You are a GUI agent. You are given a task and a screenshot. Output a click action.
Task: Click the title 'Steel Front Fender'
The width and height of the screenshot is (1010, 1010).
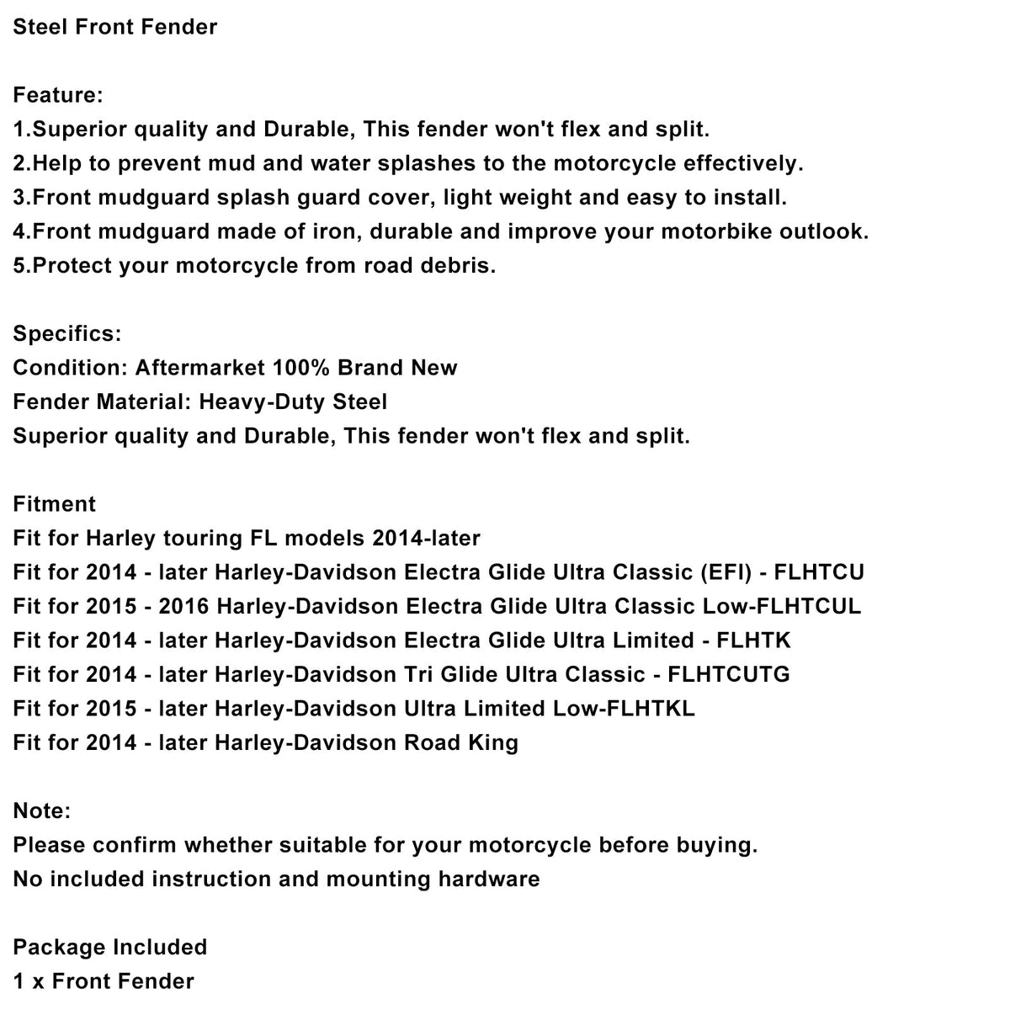pyautogui.click(x=115, y=27)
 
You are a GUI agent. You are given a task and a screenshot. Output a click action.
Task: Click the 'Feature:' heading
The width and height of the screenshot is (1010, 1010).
pyautogui.click(x=58, y=95)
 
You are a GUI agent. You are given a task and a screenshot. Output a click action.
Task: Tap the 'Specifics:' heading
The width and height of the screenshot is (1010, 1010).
pyautogui.click(x=67, y=334)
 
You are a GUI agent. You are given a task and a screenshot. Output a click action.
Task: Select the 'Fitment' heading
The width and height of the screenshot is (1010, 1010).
pyautogui.click(x=55, y=504)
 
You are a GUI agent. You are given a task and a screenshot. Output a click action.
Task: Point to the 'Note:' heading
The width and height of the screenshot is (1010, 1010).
pyautogui.click(x=42, y=811)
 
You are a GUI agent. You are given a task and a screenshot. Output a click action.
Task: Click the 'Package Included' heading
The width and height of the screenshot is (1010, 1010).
pyautogui.click(x=110, y=948)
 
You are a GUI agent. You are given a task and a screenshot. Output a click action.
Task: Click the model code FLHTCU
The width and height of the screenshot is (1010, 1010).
pyautogui.click(x=819, y=573)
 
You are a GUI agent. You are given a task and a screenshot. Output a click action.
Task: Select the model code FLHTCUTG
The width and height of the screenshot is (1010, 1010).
pyautogui.click(x=729, y=675)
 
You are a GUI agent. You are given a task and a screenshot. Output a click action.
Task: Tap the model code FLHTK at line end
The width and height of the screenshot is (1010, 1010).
pyautogui.click(x=753, y=641)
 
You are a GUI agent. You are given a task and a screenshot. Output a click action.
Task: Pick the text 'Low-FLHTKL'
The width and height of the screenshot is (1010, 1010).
pyautogui.click(x=624, y=710)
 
